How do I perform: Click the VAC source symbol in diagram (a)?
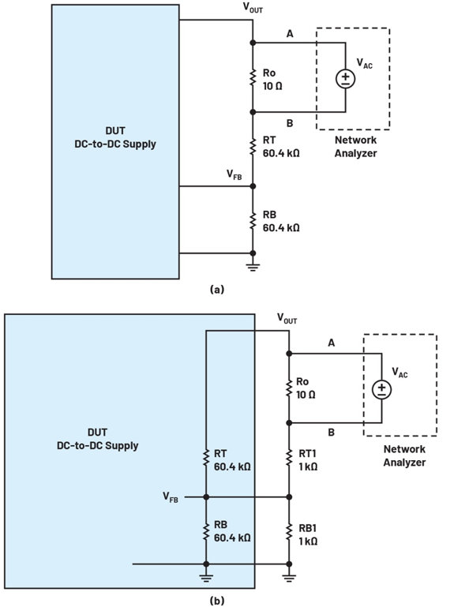click(346, 78)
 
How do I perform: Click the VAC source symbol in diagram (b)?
click(382, 389)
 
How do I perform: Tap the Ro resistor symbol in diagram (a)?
click(253, 77)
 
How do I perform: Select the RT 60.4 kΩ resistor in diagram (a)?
click(253, 147)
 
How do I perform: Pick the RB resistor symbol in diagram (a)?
click(253, 221)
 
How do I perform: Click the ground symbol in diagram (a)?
click(253, 266)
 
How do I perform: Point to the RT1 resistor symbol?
click(289, 458)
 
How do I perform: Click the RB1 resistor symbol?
click(289, 532)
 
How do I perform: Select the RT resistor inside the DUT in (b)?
click(206, 458)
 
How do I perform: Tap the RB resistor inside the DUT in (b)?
click(206, 532)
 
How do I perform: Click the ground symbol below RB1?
click(289, 578)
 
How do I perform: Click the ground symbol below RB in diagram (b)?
click(206, 578)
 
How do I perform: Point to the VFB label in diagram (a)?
click(234, 174)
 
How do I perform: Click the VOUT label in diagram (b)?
click(287, 319)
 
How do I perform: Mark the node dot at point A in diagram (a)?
click(253, 43)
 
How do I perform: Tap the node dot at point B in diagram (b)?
click(289, 423)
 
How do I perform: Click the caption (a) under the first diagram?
click(216, 289)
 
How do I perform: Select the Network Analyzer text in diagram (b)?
click(404, 455)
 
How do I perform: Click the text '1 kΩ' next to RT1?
click(308, 466)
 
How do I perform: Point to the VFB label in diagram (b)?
click(171, 497)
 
